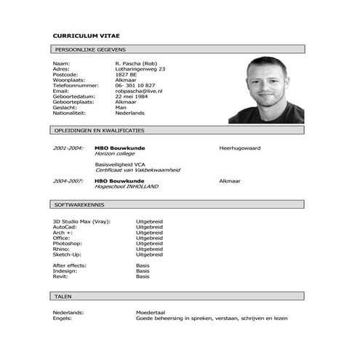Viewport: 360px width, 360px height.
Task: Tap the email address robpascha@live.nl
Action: click(138, 91)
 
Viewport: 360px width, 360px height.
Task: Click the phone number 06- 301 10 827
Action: click(138, 85)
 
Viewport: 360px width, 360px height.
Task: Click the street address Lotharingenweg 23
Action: click(140, 68)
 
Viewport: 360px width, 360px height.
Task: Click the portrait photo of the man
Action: click(265, 90)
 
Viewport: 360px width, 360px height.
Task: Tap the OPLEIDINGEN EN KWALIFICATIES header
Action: click(99, 130)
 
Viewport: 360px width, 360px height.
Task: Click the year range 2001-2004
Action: click(68, 148)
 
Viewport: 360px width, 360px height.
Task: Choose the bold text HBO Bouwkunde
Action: click(119, 180)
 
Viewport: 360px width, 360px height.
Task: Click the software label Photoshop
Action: click(66, 243)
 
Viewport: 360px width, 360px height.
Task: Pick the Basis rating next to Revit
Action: click(143, 276)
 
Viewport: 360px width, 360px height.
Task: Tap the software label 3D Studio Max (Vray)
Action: click(81, 220)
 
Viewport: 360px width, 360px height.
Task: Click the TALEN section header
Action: click(63, 297)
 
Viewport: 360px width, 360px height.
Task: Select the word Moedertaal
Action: click(151, 312)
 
